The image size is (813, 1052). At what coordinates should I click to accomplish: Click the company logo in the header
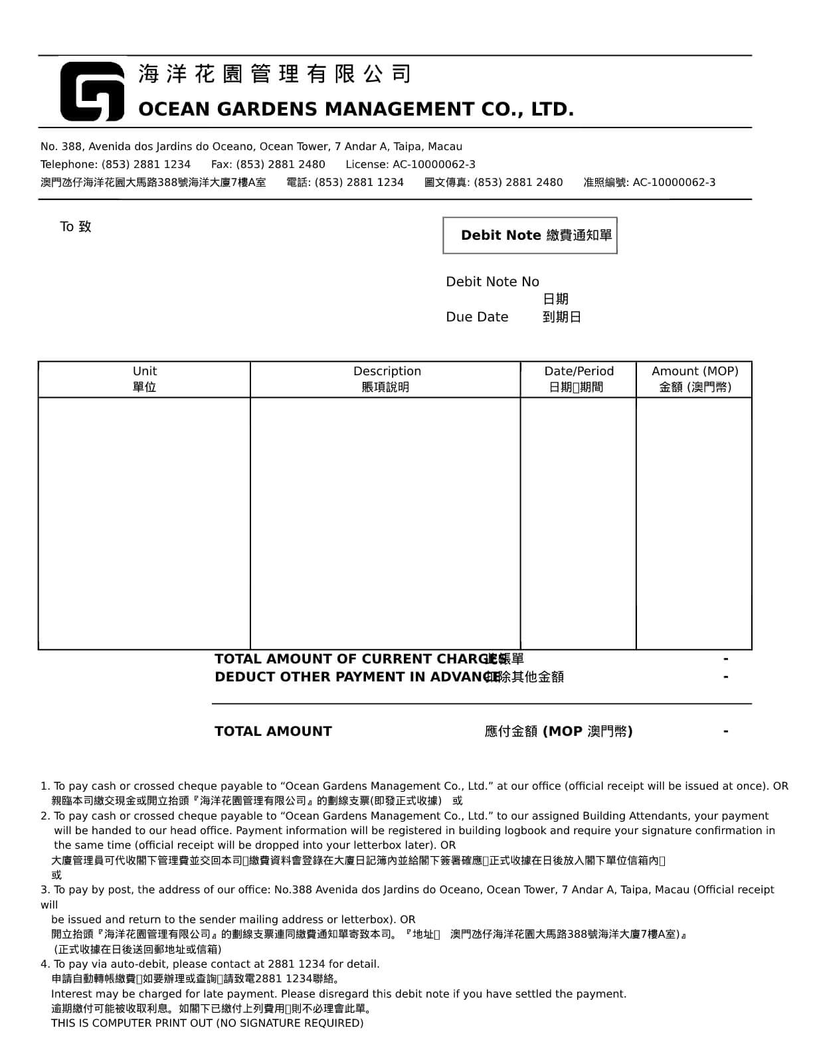pos(92,92)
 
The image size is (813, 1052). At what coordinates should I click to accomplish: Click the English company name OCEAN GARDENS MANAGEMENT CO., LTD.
pos(355,109)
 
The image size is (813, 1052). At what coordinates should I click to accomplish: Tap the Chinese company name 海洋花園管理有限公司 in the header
pos(275,74)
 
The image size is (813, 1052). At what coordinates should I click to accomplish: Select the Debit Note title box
pos(529,235)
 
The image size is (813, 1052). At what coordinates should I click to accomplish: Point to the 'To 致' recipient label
pos(76,226)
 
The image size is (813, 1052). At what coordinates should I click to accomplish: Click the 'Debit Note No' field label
pos(492,282)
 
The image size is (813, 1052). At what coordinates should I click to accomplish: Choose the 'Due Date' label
pos(477,317)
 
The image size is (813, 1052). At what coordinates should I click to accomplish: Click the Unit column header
pos(144,379)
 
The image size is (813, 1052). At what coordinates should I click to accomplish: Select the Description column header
pos(387,379)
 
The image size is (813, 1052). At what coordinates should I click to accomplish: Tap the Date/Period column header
pos(579,379)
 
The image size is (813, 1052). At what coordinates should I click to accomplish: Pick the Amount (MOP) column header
pos(694,379)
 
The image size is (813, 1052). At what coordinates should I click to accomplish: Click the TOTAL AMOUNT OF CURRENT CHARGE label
pos(359,659)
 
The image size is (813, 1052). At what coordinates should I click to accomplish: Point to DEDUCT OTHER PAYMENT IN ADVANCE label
pos(357,677)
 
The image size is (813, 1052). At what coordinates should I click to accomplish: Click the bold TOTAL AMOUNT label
pos(273,731)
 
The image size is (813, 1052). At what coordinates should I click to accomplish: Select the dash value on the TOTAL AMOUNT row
pos(726,731)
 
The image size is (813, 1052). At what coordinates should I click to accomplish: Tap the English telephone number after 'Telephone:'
pos(145,164)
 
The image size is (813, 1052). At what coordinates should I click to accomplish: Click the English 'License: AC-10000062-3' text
pos(410,164)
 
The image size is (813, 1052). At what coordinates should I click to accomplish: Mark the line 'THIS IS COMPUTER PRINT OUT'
pos(207,1023)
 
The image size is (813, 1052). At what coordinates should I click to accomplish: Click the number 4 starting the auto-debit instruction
pos(45,964)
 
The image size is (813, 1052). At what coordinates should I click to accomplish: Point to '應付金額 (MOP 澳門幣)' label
pos(558,731)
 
